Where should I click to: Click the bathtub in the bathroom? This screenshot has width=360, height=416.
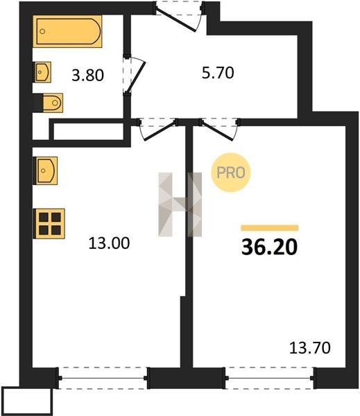[x=67, y=31]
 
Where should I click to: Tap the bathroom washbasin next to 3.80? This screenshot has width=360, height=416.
[x=42, y=72]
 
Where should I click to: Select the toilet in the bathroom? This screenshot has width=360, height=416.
[x=53, y=103]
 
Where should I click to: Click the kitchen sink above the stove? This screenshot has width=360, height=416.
[x=46, y=171]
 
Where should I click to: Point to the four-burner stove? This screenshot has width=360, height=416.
[x=49, y=224]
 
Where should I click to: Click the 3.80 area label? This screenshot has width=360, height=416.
[x=87, y=76]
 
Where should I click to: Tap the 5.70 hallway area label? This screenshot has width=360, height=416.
[x=218, y=73]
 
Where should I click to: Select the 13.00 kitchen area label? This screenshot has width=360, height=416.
[x=109, y=243]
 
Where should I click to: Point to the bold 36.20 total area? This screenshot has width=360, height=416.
[x=269, y=247]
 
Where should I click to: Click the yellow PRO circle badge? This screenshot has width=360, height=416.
[x=231, y=173]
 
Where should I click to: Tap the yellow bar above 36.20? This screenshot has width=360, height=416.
[x=270, y=227]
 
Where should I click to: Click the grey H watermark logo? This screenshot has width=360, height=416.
[x=180, y=205]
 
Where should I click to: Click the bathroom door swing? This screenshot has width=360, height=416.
[x=135, y=74]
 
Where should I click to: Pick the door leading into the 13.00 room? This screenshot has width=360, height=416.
[x=157, y=129]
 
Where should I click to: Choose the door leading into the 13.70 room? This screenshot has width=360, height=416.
[x=220, y=129]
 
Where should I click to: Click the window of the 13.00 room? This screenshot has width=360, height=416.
[x=103, y=378]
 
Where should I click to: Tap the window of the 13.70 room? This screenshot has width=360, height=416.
[x=269, y=378]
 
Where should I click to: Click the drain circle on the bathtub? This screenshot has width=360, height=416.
[x=42, y=31]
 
